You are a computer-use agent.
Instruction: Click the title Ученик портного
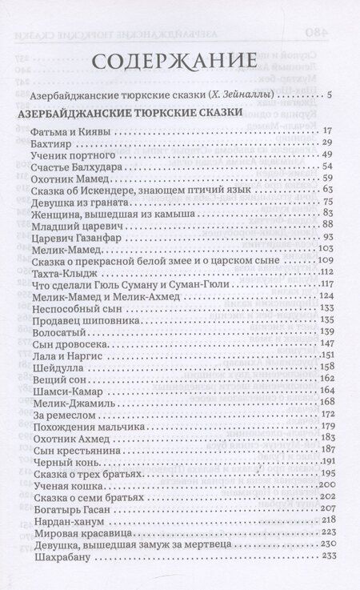pyautogui.click(x=68, y=155)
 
